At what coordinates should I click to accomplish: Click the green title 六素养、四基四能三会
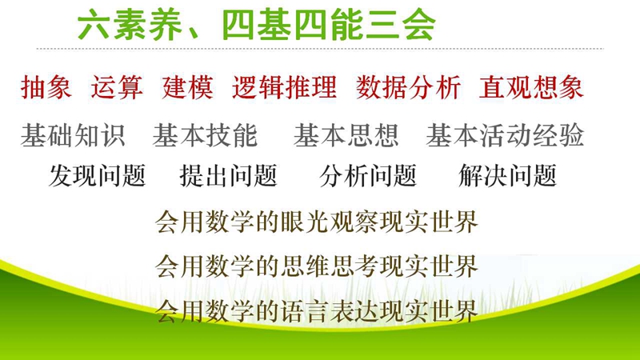pyautogui.click(x=257, y=26)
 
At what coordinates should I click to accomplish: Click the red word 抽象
pyautogui.click(x=46, y=87)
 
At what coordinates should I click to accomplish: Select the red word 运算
pyautogui.click(x=117, y=87)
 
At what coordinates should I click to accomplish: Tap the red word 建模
pyautogui.click(x=188, y=87)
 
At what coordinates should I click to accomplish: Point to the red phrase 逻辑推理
pyautogui.click(x=285, y=87)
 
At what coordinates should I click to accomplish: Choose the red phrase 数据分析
pyautogui.click(x=409, y=87)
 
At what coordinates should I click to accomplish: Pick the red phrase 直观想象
pyautogui.click(x=531, y=87)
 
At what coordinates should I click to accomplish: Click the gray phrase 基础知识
pyautogui.click(x=73, y=135)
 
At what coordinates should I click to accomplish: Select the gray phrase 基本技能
pyautogui.click(x=206, y=135)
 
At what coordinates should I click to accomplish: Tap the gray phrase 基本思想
pyautogui.click(x=346, y=135)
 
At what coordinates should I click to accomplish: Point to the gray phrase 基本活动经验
pyautogui.click(x=506, y=135)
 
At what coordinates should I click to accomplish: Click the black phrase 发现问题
pyautogui.click(x=98, y=176)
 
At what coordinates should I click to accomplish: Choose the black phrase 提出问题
pyautogui.click(x=229, y=176)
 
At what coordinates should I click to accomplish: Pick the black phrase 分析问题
pyautogui.click(x=368, y=176)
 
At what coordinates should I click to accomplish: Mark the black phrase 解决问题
pyautogui.click(x=508, y=176)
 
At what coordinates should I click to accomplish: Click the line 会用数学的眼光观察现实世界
pyautogui.click(x=317, y=222)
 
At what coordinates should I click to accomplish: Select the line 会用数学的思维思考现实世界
pyautogui.click(x=317, y=266)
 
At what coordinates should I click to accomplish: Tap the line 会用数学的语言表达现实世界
pyautogui.click(x=317, y=311)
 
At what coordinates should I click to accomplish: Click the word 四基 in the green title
pyautogui.click(x=256, y=26)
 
